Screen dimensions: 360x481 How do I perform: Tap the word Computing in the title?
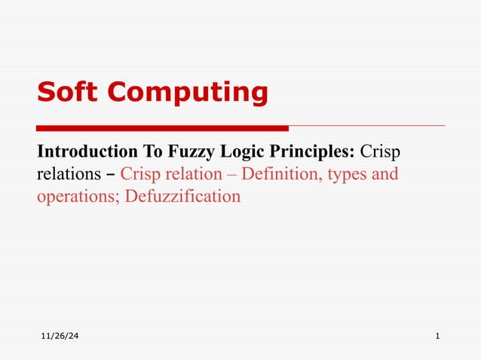click(x=188, y=93)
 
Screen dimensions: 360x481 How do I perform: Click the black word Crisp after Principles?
click(x=380, y=151)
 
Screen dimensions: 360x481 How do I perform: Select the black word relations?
click(x=66, y=175)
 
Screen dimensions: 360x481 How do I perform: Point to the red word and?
click(x=384, y=175)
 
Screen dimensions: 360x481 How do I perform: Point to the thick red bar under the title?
click(x=162, y=127)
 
